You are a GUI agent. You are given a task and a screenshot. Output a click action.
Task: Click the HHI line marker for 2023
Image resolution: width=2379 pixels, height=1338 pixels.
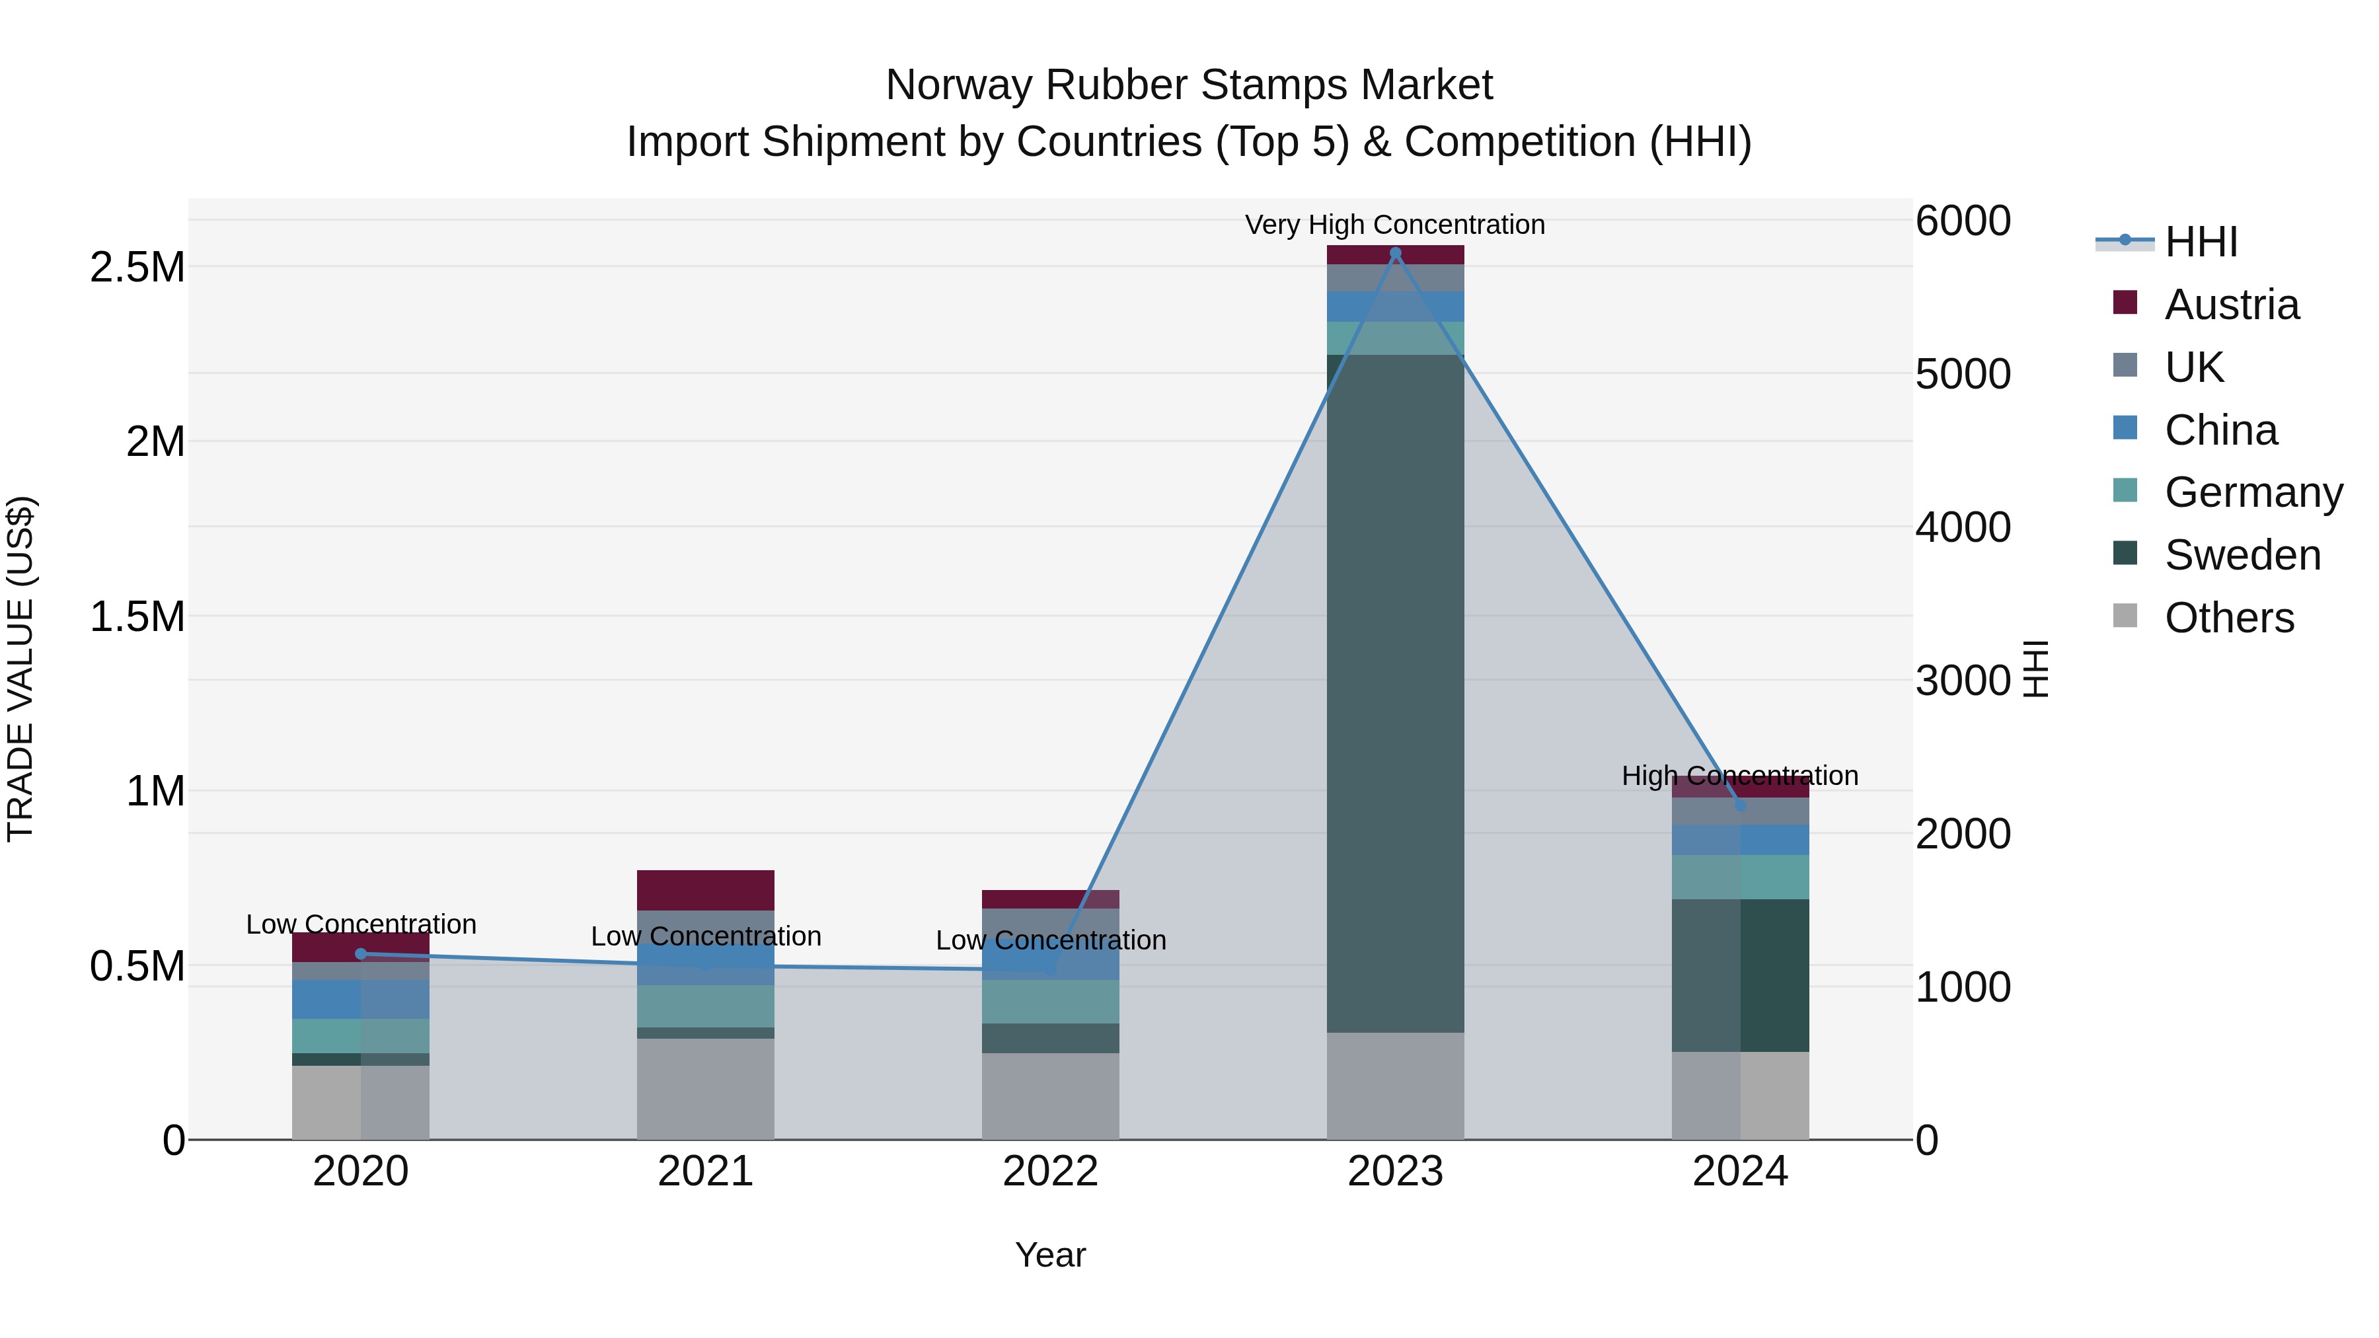point(1396,253)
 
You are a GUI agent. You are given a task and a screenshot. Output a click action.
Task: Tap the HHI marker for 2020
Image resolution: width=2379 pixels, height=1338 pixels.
point(361,954)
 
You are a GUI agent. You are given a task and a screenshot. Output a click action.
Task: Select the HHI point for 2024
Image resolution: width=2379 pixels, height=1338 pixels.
point(1740,805)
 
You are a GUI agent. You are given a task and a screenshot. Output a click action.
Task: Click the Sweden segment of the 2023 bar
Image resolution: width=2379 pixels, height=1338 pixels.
point(1396,692)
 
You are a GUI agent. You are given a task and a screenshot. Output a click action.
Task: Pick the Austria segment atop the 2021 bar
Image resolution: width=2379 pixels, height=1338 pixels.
point(706,890)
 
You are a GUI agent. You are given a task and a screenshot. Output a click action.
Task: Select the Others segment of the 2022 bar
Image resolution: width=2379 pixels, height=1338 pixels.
point(1050,1096)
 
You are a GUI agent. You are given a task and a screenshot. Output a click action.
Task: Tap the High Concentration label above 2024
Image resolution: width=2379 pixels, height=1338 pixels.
point(1740,776)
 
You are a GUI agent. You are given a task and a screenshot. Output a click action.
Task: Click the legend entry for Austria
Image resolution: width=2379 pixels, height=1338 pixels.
point(2231,305)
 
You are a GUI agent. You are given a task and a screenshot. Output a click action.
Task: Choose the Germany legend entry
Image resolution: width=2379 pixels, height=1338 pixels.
point(2253,492)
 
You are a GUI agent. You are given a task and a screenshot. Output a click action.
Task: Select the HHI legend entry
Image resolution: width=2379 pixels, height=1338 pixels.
point(2201,242)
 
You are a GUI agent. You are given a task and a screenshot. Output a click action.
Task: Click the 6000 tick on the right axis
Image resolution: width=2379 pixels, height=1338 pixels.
point(1963,221)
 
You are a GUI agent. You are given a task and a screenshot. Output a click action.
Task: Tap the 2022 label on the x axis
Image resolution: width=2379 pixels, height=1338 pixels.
point(1050,1171)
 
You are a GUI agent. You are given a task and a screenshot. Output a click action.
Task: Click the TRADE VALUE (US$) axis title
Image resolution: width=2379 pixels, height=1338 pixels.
point(20,669)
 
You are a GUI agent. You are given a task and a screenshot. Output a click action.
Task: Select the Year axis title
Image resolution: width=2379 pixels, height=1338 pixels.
point(1050,1255)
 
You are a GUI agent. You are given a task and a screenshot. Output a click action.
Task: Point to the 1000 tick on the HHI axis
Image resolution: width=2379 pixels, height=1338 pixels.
point(1963,987)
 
